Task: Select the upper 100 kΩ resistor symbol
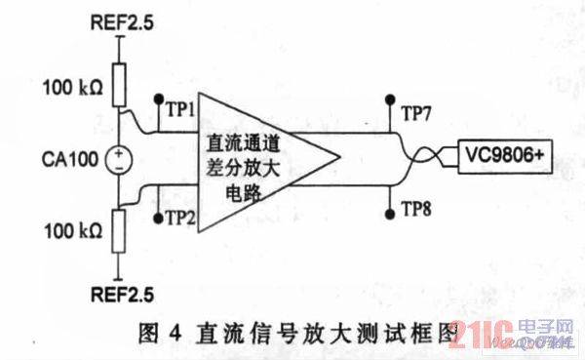120,84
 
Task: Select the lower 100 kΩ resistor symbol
120,232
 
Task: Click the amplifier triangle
258,156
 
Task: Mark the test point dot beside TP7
392,99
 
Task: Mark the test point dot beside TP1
158,99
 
